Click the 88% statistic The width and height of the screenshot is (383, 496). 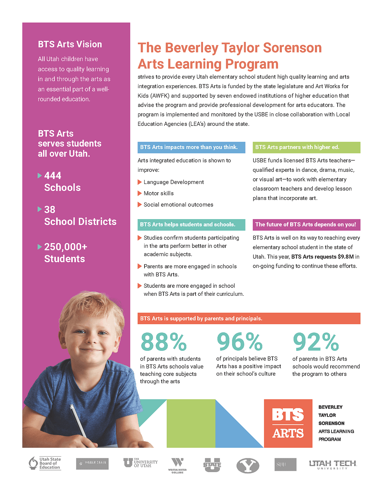click(163, 342)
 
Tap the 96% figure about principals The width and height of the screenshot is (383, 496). click(239, 342)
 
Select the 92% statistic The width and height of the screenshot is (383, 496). click(316, 342)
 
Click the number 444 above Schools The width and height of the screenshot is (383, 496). click(53, 176)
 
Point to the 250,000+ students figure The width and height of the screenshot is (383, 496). click(65, 247)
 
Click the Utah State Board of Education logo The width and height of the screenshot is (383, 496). click(45, 463)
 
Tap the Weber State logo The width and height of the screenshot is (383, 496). click(92, 464)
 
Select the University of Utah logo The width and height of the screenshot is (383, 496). click(140, 463)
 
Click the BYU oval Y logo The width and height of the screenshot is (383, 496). click(248, 466)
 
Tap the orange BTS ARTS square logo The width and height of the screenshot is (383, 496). click(288, 424)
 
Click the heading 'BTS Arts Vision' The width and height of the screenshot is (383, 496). click(70, 44)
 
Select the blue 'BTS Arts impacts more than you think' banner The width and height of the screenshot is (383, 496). click(191, 147)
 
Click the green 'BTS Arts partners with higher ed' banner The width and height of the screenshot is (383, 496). click(306, 147)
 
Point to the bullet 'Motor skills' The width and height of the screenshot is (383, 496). click(159, 193)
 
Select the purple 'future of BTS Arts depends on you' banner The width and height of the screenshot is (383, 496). click(306, 225)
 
